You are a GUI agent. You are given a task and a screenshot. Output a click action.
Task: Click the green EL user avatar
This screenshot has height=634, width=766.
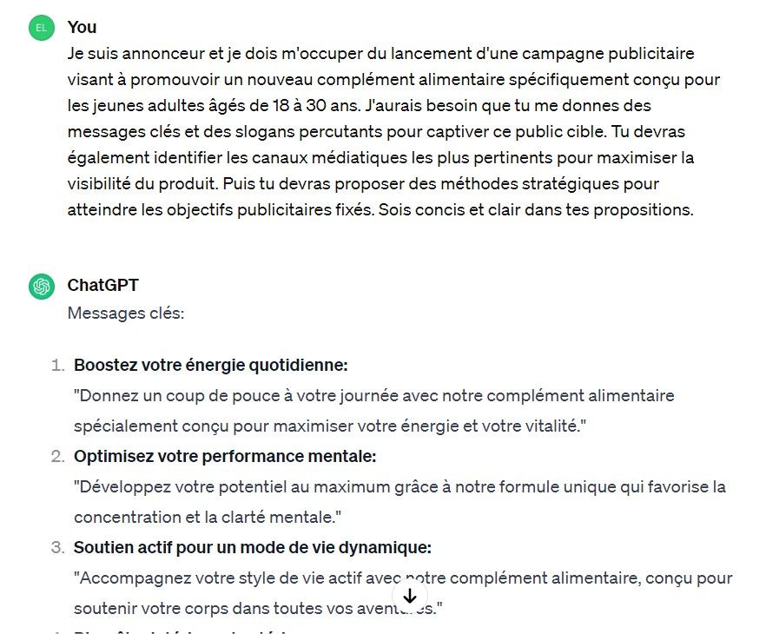point(41,28)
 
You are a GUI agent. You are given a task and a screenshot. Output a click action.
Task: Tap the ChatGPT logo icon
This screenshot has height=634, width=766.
point(41,286)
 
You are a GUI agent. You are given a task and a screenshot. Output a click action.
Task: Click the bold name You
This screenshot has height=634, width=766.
point(82,28)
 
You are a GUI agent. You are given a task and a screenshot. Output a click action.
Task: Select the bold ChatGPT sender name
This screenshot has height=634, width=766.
point(102,286)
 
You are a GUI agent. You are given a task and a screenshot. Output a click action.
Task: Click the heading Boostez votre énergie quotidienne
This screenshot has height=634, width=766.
point(210,366)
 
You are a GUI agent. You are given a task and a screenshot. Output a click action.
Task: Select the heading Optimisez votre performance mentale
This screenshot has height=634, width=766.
point(225,457)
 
